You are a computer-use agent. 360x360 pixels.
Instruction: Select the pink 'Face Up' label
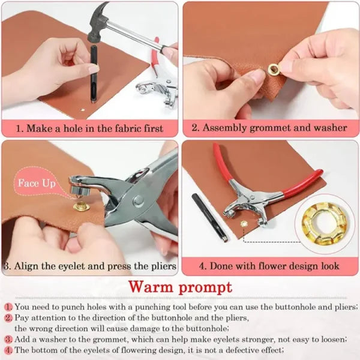[x=36, y=182]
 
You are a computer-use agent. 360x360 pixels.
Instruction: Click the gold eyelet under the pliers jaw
[x=81, y=207]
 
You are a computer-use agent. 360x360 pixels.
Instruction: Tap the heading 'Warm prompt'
[x=179, y=287]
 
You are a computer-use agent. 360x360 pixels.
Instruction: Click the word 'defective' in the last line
[x=235, y=350]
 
